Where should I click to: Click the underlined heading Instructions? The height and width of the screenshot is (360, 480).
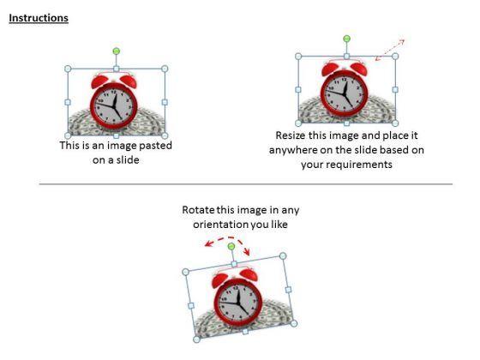[39, 18]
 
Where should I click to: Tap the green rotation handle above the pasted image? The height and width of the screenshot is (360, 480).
[116, 51]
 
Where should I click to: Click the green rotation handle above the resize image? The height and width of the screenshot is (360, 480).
[346, 39]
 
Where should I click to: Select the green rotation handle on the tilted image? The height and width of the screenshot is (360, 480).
[231, 247]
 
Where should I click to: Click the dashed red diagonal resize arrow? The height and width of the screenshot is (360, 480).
[390, 50]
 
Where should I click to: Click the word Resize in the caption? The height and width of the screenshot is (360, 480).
[291, 135]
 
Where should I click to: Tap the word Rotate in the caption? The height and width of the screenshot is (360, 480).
[198, 210]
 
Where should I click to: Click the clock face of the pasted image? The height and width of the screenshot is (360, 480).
[114, 106]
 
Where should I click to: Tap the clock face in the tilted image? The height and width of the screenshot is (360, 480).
[238, 302]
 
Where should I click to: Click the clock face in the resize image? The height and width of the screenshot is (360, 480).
[345, 93]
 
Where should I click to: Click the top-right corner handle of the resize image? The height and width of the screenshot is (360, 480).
[395, 57]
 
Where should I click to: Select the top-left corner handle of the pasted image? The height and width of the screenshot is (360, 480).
[68, 69]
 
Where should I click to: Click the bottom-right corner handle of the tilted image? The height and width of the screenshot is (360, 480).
[293, 323]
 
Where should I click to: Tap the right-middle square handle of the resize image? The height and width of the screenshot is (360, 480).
[395, 90]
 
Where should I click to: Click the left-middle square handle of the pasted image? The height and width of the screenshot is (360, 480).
[68, 102]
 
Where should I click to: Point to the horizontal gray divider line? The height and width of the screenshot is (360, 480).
[246, 184]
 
